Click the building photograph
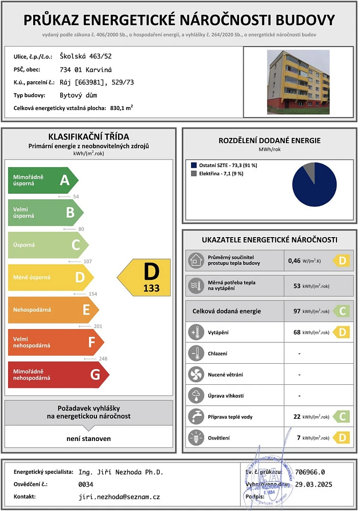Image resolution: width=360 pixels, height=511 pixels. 298,82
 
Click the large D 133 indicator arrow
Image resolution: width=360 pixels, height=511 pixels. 145,277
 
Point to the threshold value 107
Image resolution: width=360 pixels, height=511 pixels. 88,262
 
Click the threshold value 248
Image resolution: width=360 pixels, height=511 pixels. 103,359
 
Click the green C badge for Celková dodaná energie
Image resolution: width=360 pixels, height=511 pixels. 342,311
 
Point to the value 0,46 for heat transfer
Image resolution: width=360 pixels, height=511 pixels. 294,261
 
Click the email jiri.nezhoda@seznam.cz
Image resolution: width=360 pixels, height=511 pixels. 119,497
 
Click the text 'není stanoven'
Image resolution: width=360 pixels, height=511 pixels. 88,438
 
